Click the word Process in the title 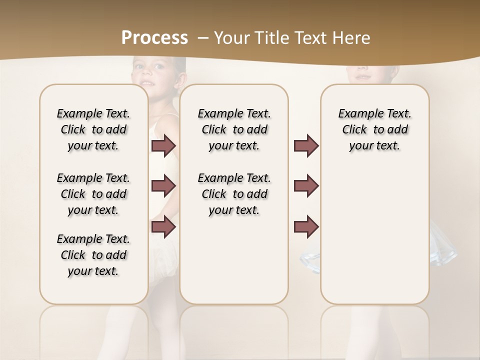pyautogui.click(x=155, y=38)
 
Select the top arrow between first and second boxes pyautogui.click(x=163, y=145)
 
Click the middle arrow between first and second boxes pyautogui.click(x=163, y=186)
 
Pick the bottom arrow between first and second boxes pyautogui.click(x=163, y=227)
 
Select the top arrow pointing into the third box pyautogui.click(x=306, y=145)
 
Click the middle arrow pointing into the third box pyautogui.click(x=306, y=186)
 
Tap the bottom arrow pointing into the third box pyautogui.click(x=306, y=227)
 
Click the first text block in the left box pyautogui.click(x=93, y=129)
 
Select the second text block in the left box pyautogui.click(x=93, y=194)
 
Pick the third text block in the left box pyautogui.click(x=93, y=255)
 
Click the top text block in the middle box pyautogui.click(x=234, y=129)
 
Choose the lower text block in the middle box pyautogui.click(x=234, y=194)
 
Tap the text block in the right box pyautogui.click(x=374, y=129)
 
